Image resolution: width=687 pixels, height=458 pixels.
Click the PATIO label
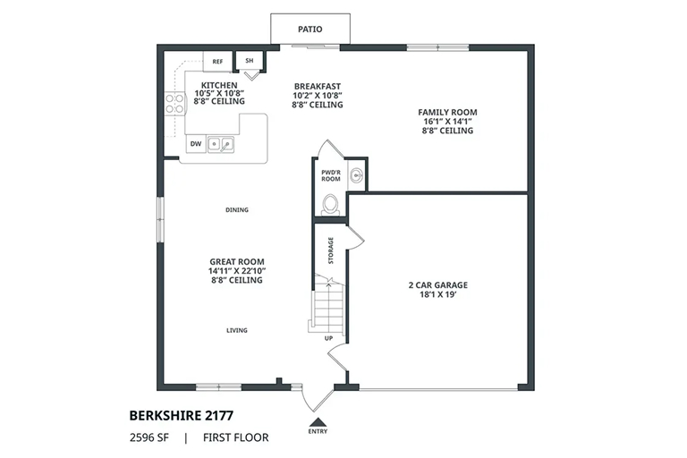click(310, 30)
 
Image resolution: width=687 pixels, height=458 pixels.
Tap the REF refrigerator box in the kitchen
click(217, 62)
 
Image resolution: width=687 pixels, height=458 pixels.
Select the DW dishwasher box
click(196, 144)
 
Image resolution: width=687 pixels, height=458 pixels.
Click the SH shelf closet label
click(250, 61)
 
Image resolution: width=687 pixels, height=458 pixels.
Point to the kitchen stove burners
click(174, 104)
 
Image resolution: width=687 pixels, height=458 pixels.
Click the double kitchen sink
click(220, 144)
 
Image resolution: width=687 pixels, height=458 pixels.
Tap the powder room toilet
click(330, 205)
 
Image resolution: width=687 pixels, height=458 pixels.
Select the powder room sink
click(357, 176)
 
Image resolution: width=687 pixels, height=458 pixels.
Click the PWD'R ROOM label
click(331, 175)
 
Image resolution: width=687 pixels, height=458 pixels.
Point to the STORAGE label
click(331, 250)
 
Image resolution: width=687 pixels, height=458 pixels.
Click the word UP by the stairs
click(328, 338)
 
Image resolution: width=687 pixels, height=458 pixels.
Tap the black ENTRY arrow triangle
click(318, 421)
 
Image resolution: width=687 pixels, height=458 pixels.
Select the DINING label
click(237, 210)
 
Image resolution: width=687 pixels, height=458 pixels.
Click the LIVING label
click(237, 330)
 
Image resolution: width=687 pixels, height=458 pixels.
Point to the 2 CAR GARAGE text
click(438, 284)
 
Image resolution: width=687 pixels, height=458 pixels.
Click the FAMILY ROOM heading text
click(447, 112)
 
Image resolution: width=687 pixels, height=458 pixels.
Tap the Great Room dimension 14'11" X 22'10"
click(237, 271)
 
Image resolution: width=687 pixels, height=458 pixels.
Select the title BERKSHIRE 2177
click(182, 415)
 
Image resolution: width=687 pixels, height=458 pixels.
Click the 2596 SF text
click(149, 437)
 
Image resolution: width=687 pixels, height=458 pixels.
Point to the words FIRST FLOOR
click(236, 437)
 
